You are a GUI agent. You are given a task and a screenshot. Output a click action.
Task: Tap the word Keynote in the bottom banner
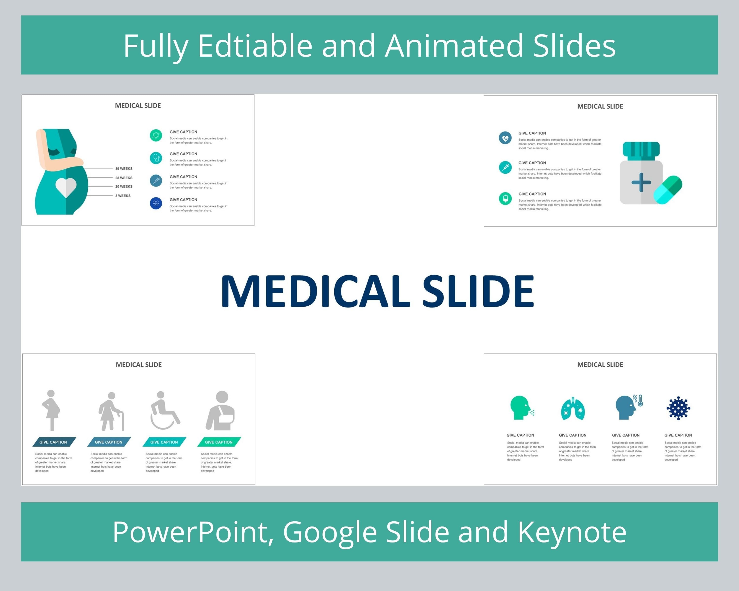tap(572, 532)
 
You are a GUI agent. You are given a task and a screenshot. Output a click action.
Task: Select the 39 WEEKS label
tap(124, 169)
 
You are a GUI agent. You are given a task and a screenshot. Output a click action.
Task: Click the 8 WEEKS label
tap(123, 196)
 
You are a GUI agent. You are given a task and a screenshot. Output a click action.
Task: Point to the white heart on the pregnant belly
tap(66, 187)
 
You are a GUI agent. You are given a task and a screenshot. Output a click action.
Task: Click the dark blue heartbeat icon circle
tap(156, 203)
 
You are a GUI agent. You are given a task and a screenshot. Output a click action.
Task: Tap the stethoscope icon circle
tap(156, 158)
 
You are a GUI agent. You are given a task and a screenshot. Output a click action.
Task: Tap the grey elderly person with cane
tap(110, 411)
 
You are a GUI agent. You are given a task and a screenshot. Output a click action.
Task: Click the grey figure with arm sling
tap(221, 411)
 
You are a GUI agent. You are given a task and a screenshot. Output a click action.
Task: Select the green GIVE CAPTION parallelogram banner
tap(219, 442)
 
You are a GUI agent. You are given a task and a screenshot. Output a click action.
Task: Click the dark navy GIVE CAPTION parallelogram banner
tap(54, 442)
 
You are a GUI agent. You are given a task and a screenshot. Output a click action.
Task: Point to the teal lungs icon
tap(573, 408)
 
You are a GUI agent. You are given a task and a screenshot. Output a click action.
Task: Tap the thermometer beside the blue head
tap(640, 400)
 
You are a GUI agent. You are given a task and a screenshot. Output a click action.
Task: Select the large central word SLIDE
tap(478, 292)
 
